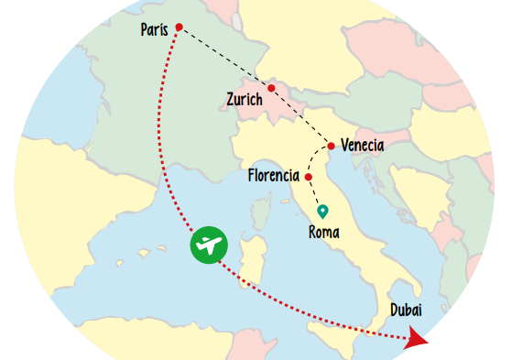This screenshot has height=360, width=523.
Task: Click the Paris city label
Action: tap(154, 30)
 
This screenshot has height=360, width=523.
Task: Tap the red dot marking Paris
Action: tap(179, 27)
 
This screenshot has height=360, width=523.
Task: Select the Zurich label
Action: tap(244, 99)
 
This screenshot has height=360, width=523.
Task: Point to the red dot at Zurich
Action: tap(271, 88)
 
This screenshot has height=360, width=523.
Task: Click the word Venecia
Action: tap(362, 146)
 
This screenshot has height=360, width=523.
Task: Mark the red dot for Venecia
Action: tap(331, 146)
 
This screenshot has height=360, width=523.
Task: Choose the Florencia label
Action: tap(274, 175)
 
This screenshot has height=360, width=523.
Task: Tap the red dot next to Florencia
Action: tap(310, 177)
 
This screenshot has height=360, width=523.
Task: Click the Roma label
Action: tap(324, 233)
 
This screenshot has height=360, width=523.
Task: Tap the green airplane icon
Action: tap(210, 245)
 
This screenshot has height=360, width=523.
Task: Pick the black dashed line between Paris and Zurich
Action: tap(224, 57)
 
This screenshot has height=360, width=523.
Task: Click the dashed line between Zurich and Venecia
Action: tap(301, 117)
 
